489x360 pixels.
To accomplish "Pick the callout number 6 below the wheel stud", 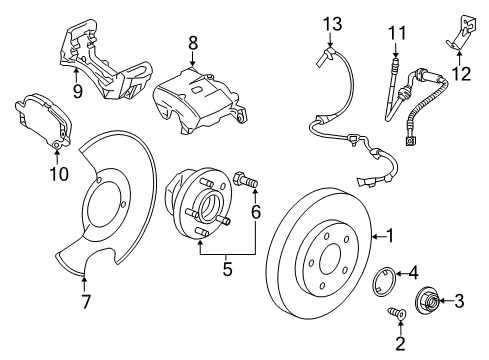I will [x=256, y=212].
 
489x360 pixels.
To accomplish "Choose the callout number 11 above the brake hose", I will [x=396, y=35].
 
